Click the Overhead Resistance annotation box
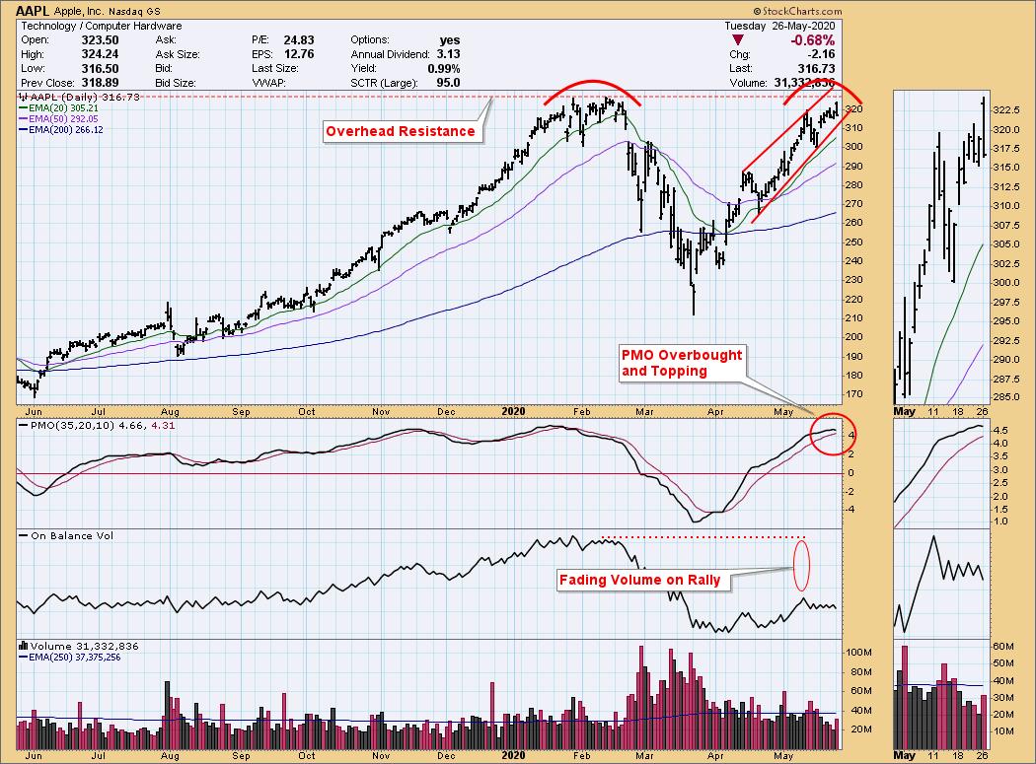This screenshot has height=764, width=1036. [x=401, y=131]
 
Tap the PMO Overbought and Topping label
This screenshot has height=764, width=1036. [x=681, y=363]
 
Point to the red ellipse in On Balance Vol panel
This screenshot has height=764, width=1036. [x=801, y=563]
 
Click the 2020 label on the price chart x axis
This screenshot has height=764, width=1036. [x=511, y=410]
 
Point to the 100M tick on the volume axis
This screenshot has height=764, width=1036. [x=858, y=653]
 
